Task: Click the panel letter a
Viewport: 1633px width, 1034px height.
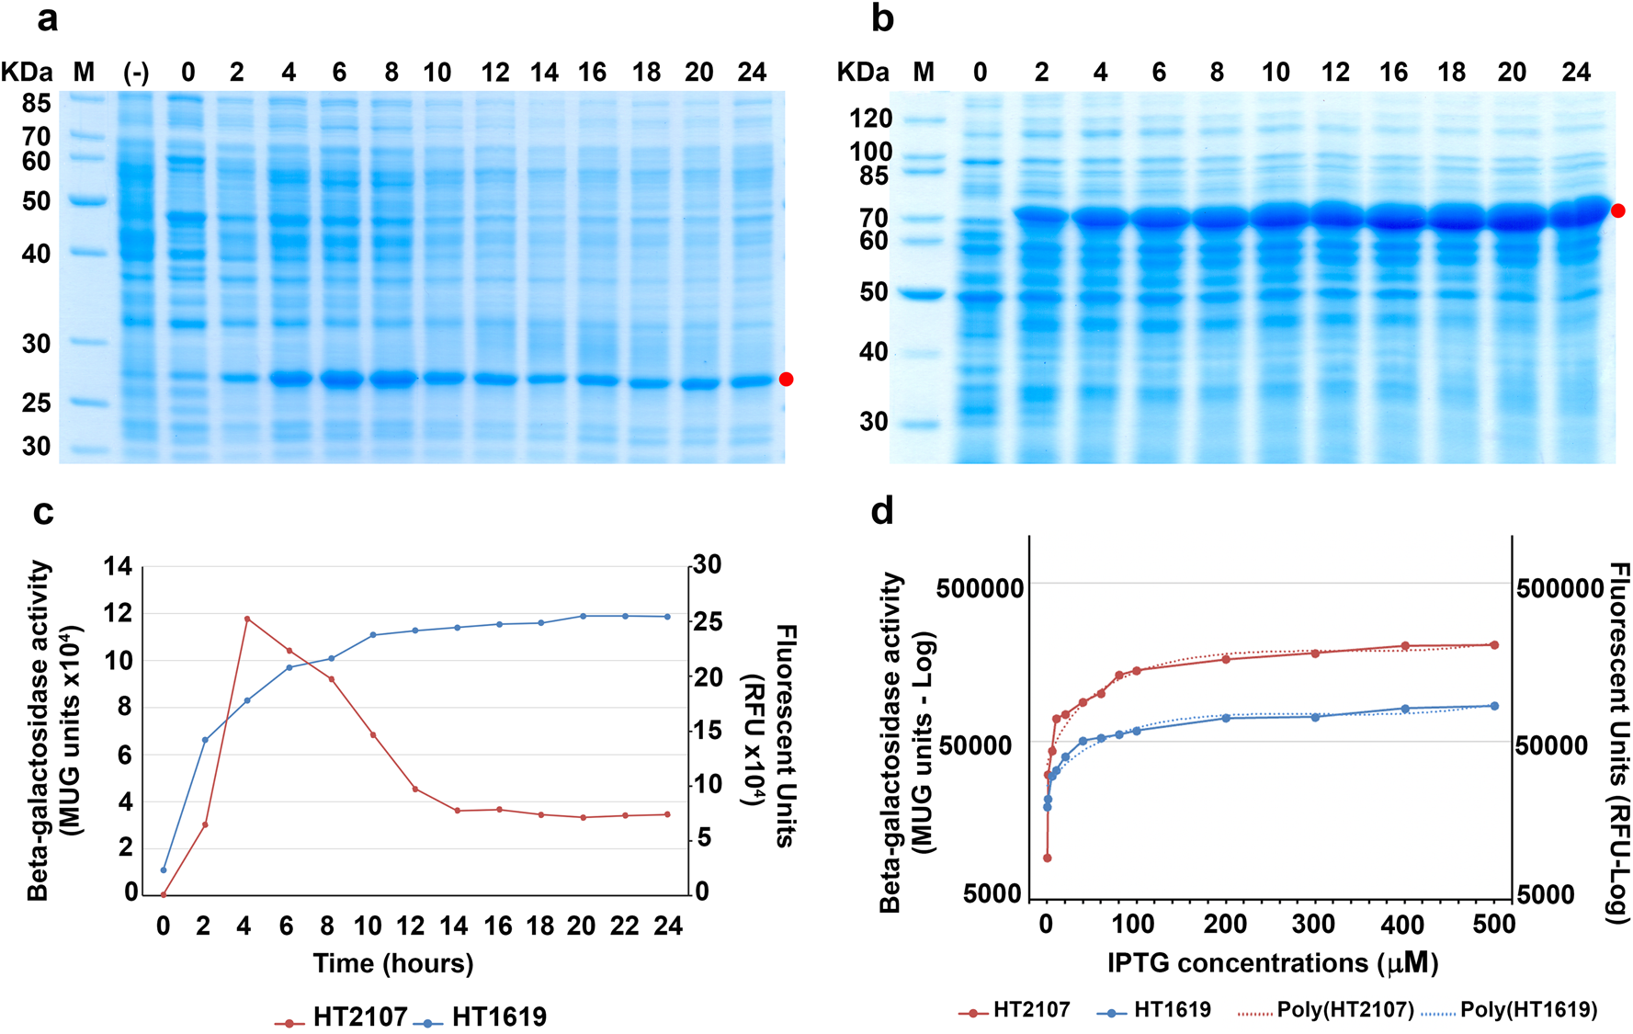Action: pyautogui.click(x=47, y=19)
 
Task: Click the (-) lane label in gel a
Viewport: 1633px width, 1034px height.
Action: pyautogui.click(x=136, y=73)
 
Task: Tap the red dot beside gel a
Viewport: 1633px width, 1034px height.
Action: pyautogui.click(x=786, y=379)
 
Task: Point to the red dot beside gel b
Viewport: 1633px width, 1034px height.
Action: pyautogui.click(x=1617, y=210)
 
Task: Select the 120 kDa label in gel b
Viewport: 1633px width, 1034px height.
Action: pyautogui.click(x=870, y=119)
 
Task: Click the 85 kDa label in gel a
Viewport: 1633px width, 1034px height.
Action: pyautogui.click(x=37, y=104)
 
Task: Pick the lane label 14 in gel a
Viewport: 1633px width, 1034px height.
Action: pyautogui.click(x=544, y=73)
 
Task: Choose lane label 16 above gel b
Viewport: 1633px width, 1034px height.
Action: pyautogui.click(x=1393, y=73)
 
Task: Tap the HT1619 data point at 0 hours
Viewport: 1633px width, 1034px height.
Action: pyautogui.click(x=164, y=869)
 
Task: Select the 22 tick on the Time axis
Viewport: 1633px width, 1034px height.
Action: pyautogui.click(x=624, y=926)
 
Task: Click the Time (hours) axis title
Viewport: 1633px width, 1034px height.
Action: pyautogui.click(x=393, y=963)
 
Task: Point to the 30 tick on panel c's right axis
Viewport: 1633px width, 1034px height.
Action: pyautogui.click(x=707, y=564)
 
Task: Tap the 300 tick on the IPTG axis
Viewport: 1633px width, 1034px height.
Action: pyautogui.click(x=1314, y=925)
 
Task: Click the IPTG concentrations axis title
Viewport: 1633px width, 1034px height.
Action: pyautogui.click(x=1273, y=963)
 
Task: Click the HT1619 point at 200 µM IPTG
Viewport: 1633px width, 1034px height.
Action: pyautogui.click(x=1226, y=718)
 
